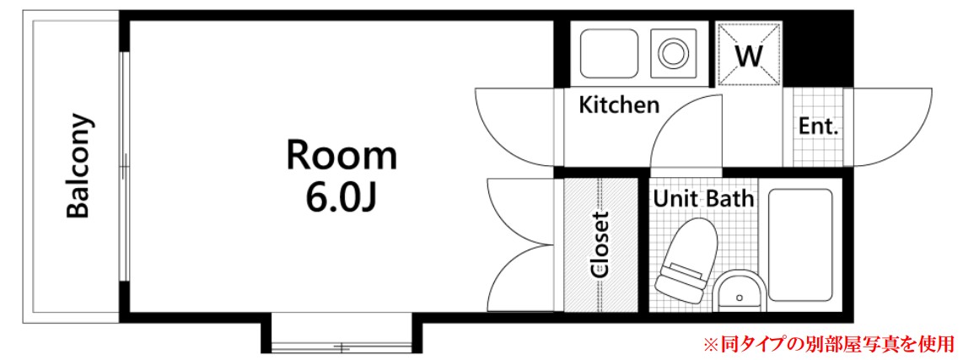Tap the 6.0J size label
341,196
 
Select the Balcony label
79,166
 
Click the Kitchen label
620,105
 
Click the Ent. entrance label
819,127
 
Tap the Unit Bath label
703,198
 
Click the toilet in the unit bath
686,261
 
